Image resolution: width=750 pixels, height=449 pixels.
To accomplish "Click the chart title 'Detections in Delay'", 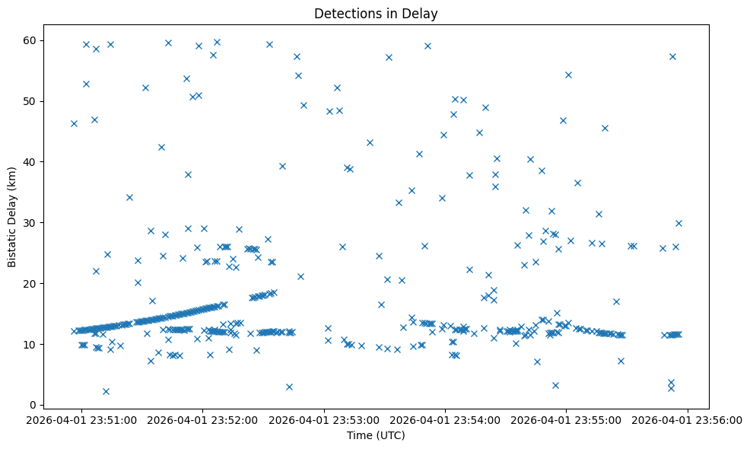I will [x=376, y=14].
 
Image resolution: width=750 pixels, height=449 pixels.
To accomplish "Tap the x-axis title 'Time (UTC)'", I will [x=376, y=435].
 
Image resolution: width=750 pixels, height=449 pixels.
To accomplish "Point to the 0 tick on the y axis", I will [x=35, y=405].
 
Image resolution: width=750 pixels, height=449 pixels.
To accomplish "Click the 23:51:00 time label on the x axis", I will [x=82, y=419].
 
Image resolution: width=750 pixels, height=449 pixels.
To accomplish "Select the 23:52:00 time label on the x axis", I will [x=203, y=419].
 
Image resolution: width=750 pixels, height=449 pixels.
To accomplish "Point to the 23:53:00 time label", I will [x=325, y=419].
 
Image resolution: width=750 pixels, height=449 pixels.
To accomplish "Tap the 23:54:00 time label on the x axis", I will [x=446, y=419].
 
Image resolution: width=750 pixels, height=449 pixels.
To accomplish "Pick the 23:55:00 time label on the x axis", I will [x=567, y=419].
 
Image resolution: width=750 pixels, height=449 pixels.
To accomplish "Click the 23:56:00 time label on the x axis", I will [x=688, y=419].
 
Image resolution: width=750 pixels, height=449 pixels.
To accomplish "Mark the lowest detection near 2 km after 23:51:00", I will [x=106, y=391].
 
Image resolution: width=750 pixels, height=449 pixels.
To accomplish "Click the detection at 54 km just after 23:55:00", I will [x=568, y=75].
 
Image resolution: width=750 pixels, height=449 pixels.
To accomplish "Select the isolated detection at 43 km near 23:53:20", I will [x=370, y=142].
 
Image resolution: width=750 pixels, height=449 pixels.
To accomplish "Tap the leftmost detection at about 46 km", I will [x=74, y=123].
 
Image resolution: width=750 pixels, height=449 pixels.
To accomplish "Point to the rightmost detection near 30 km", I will [x=678, y=223].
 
